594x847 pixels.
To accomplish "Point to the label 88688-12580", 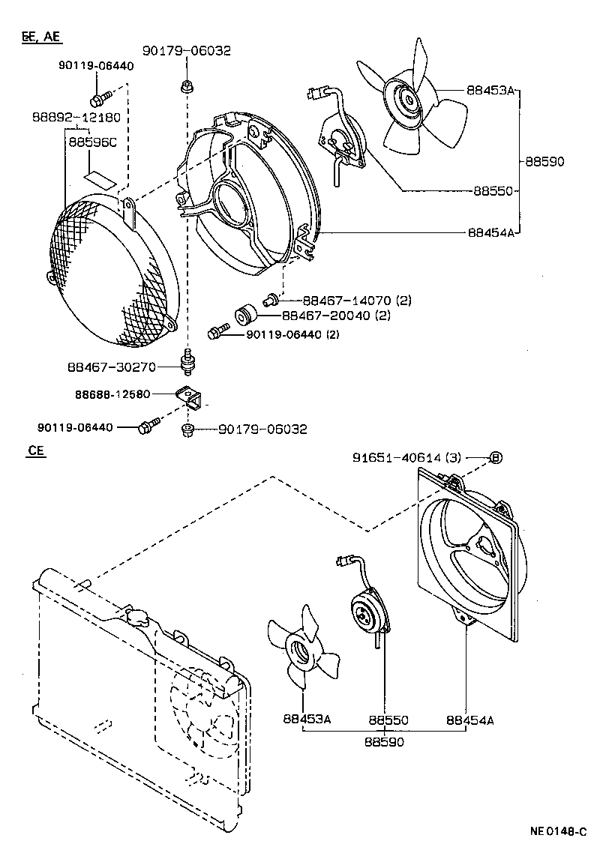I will pos(112,393).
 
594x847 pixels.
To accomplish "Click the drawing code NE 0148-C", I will pos(559,831).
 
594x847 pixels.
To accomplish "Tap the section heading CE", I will pos(35,452).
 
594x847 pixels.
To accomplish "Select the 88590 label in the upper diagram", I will pos(544,161).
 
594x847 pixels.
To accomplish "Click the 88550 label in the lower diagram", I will pos(388,720).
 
